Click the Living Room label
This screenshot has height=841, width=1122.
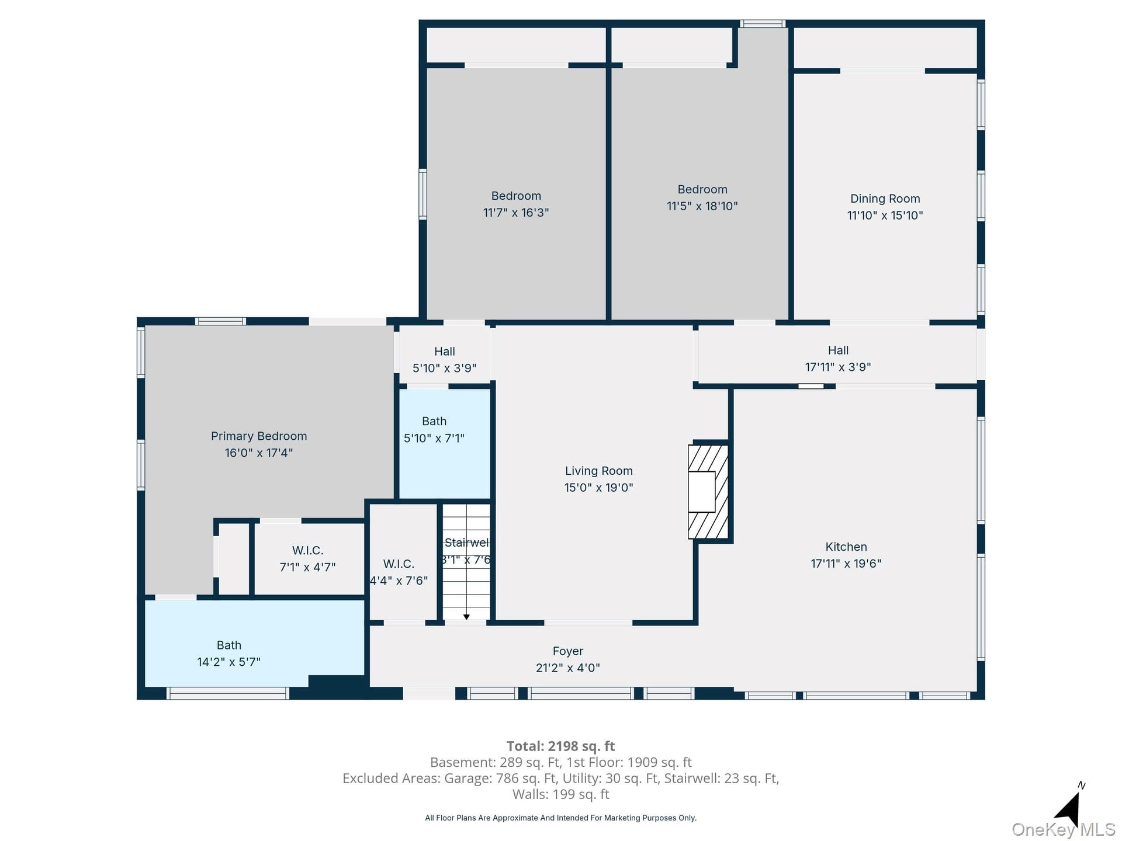[598, 471]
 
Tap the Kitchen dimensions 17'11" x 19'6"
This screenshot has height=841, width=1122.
[846, 564]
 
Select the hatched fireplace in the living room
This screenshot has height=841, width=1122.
[708, 491]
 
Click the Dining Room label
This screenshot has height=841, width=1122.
[885, 199]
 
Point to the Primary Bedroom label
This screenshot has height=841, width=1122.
[258, 436]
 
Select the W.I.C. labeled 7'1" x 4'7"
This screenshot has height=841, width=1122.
[307, 559]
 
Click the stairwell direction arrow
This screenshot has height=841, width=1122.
[466, 616]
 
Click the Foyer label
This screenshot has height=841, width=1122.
[567, 651]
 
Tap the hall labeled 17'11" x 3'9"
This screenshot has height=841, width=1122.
[837, 359]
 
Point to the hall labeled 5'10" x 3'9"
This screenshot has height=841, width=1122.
[444, 360]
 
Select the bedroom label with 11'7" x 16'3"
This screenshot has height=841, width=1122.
[516, 196]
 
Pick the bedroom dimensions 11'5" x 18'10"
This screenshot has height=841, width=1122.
[702, 206]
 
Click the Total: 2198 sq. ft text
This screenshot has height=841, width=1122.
[560, 746]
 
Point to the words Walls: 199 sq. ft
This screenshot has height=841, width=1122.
[560, 794]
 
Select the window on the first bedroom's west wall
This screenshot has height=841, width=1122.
[423, 194]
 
